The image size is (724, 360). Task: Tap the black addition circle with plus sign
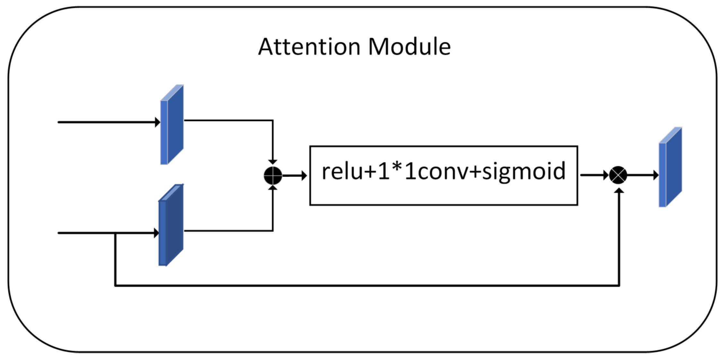click(273, 176)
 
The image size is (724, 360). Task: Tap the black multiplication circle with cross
click(618, 175)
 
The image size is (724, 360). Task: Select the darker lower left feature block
click(171, 225)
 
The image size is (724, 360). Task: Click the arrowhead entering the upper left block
click(157, 122)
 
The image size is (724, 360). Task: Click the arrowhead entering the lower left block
click(156, 233)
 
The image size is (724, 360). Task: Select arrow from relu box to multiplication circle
click(594, 175)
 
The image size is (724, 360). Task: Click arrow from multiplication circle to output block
click(642, 175)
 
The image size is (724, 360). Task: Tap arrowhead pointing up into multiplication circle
click(619, 191)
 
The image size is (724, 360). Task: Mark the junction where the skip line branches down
click(115, 233)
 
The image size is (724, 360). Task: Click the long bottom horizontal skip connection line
click(366, 285)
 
